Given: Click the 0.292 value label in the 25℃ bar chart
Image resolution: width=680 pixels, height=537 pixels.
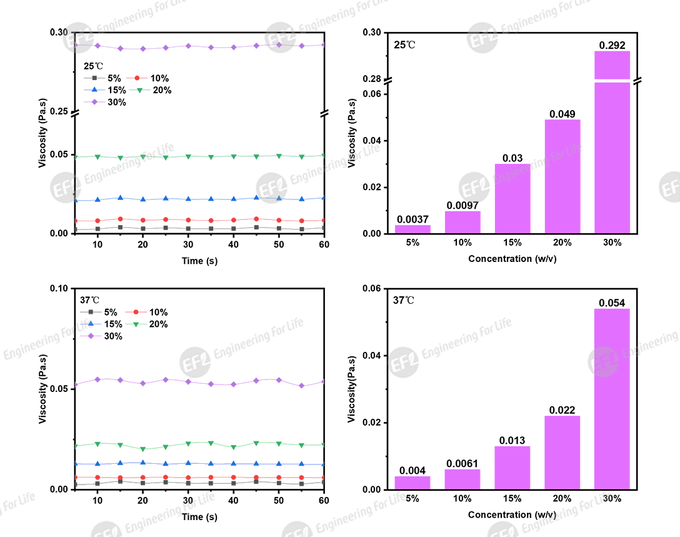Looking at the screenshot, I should [x=612, y=45].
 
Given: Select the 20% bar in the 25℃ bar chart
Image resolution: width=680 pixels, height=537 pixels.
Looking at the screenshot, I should [x=562, y=176].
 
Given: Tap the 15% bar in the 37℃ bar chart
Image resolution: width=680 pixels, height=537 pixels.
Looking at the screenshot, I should [x=512, y=467].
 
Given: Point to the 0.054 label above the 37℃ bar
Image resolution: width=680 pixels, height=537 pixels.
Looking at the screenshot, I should [x=612, y=303].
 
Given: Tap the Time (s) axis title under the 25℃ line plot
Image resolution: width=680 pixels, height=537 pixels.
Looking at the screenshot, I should [x=199, y=261].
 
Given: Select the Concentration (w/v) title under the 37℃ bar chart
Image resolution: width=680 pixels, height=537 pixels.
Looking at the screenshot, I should [x=512, y=514].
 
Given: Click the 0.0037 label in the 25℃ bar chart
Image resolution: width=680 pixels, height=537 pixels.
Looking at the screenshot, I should [x=412, y=219].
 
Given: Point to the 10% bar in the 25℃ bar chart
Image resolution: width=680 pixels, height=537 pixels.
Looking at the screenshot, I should [x=462, y=222].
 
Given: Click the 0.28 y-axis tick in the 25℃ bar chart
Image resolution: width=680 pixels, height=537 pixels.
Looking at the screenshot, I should [x=373, y=79].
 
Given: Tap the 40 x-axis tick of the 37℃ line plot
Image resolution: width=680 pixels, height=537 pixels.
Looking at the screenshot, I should [x=233, y=501].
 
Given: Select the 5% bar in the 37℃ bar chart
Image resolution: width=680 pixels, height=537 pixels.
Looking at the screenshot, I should [x=412, y=483].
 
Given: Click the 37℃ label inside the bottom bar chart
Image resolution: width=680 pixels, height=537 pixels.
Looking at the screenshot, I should [x=404, y=300].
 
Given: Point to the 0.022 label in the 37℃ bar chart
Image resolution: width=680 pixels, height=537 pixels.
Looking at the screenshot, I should [x=562, y=410].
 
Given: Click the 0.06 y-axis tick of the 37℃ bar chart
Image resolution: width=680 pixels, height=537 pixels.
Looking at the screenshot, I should [x=373, y=289].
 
